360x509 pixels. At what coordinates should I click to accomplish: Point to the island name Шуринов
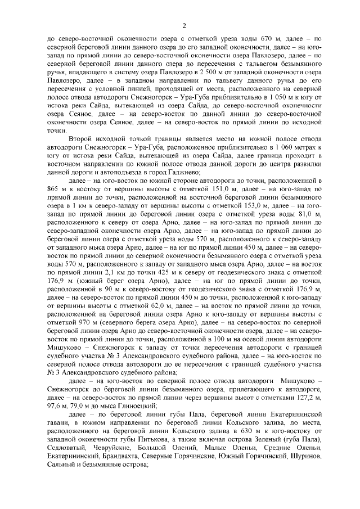pos(304,455)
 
